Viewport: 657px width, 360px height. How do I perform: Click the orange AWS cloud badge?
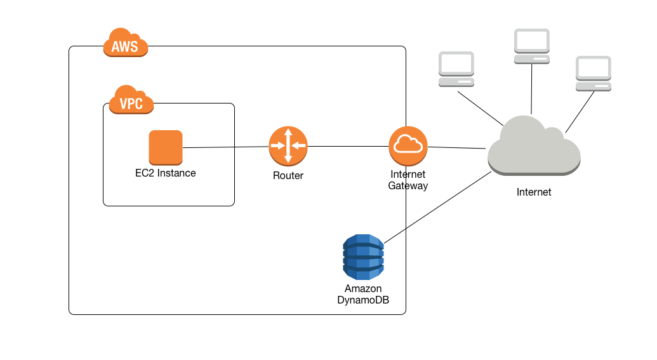(126, 44)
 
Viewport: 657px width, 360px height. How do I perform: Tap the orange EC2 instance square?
(166, 147)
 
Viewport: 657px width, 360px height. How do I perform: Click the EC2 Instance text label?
(166, 173)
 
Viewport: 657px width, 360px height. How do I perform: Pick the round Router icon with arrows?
(288, 146)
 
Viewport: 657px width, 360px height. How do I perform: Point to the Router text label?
(288, 176)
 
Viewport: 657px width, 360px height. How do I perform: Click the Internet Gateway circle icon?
(408, 146)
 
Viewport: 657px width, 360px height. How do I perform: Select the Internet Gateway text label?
(408, 180)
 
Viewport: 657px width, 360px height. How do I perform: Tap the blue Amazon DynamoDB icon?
(363, 257)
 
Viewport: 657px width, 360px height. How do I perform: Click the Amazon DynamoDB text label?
(363, 295)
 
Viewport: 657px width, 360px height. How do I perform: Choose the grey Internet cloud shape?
(533, 147)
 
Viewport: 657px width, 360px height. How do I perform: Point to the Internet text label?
(534, 192)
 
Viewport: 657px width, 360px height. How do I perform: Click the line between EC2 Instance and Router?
(225, 147)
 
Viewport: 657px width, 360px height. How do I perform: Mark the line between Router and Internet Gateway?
(348, 147)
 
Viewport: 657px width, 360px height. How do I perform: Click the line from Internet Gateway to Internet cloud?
(457, 147)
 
